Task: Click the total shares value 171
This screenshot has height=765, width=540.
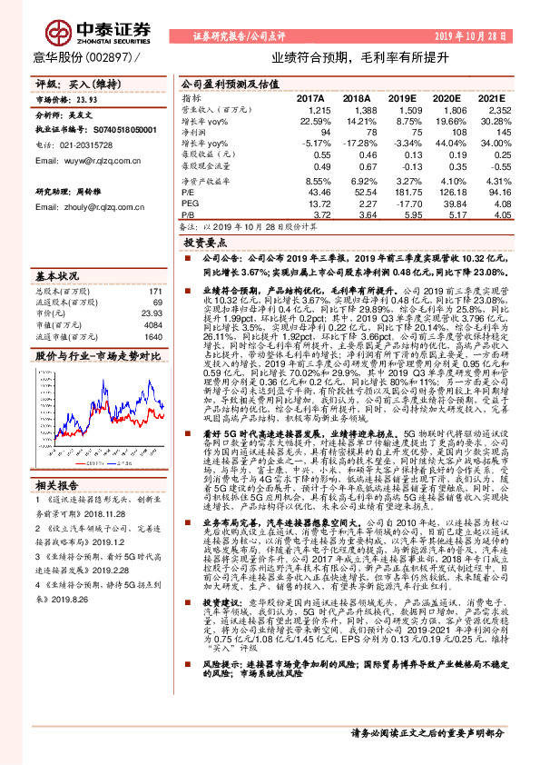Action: [155, 291]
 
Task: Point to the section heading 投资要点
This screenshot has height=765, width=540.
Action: [205, 243]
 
